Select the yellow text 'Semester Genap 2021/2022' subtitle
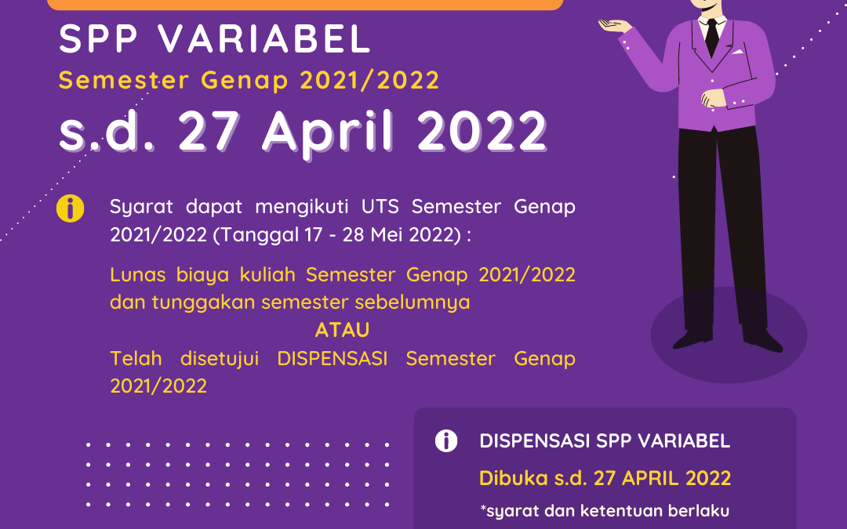tap(249, 80)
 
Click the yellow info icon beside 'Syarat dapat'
tap(71, 209)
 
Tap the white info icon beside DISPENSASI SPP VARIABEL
tap(446, 441)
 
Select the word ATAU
tap(343, 330)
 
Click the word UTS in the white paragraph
tap(384, 208)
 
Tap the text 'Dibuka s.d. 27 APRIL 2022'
tap(605, 478)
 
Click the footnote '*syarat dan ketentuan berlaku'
tap(605, 511)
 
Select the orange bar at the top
tap(305, 5)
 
